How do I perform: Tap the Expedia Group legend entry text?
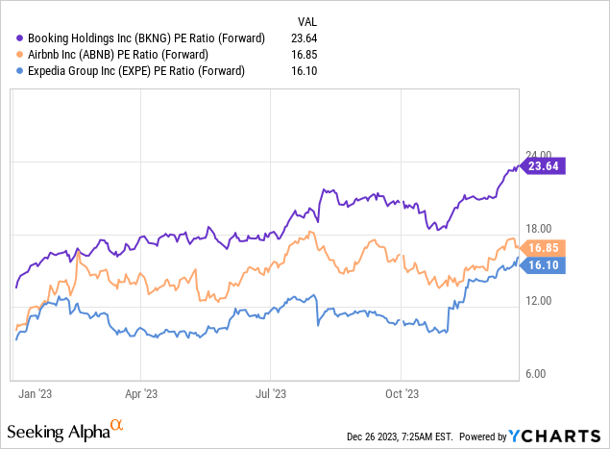(x=130, y=70)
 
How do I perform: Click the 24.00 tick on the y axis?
(x=542, y=154)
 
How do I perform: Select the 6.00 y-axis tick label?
(x=542, y=374)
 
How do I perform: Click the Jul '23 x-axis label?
(x=272, y=393)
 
